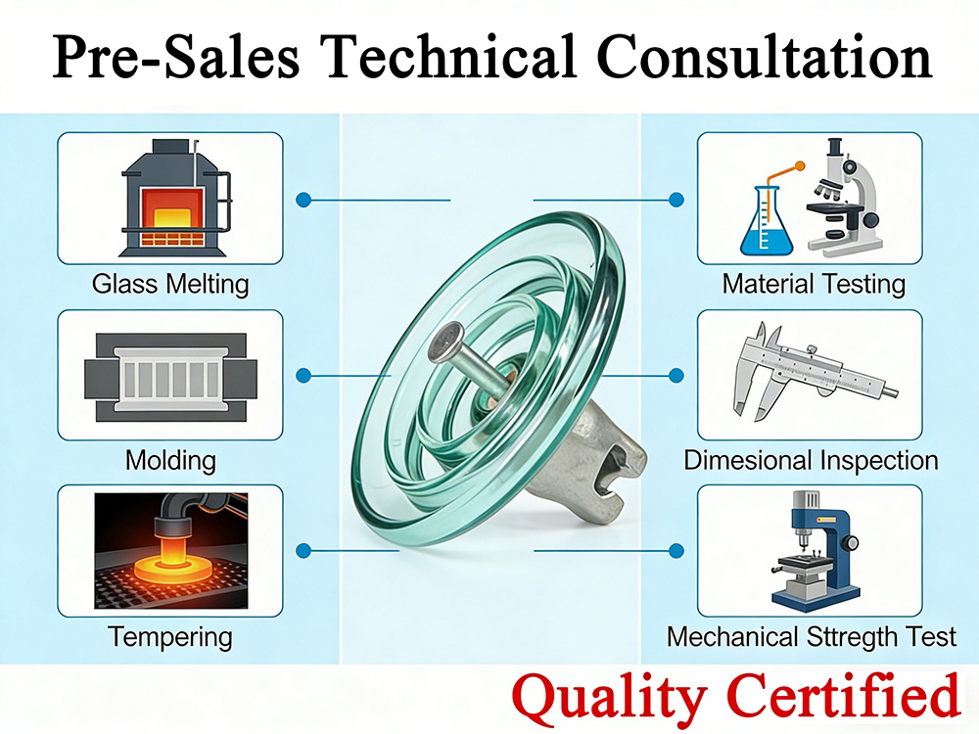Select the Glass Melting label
(170, 285)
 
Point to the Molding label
(170, 459)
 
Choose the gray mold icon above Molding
(170, 375)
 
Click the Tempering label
(170, 637)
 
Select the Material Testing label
(814, 285)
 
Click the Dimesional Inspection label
(811, 460)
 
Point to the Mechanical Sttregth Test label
(812, 637)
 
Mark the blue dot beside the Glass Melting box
(303, 200)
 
